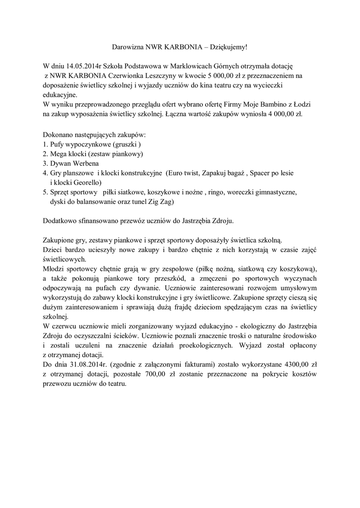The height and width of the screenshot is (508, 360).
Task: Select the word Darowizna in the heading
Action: pyautogui.click(x=127, y=47)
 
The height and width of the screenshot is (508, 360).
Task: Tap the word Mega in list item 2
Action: pyautogui.click(x=58, y=154)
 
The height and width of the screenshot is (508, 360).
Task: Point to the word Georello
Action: pyautogui.click(x=86, y=183)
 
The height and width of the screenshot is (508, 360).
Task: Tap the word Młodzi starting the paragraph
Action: pyautogui.click(x=55, y=268)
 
